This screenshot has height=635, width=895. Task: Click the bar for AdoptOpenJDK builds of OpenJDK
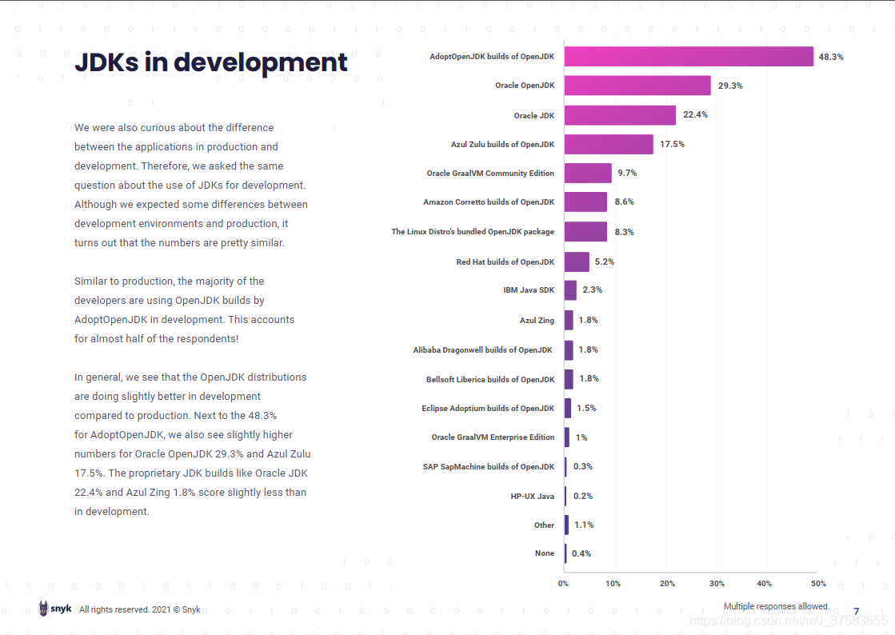click(688, 57)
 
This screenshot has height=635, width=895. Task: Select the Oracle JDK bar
click(620, 115)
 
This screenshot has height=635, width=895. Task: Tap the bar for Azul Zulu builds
click(609, 144)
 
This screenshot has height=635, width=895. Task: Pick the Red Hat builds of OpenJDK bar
click(577, 262)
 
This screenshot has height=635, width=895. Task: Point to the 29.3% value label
click(730, 86)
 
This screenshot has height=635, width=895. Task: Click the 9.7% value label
click(627, 173)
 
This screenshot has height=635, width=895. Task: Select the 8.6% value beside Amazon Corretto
click(624, 202)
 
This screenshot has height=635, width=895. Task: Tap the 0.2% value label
click(583, 496)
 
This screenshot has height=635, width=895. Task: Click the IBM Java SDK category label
click(528, 290)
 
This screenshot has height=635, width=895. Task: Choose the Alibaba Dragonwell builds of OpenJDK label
click(482, 349)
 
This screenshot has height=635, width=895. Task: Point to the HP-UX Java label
click(532, 496)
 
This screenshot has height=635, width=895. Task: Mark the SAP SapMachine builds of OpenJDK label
click(488, 466)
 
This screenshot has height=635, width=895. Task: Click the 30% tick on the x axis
click(717, 584)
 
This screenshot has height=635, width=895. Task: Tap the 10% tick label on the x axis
click(613, 584)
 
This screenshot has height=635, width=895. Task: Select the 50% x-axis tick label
click(818, 584)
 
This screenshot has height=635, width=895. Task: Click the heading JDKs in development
click(211, 62)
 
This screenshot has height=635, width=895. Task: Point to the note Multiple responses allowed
click(777, 606)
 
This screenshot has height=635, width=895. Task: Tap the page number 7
click(856, 612)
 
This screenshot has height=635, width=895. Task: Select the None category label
click(545, 553)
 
